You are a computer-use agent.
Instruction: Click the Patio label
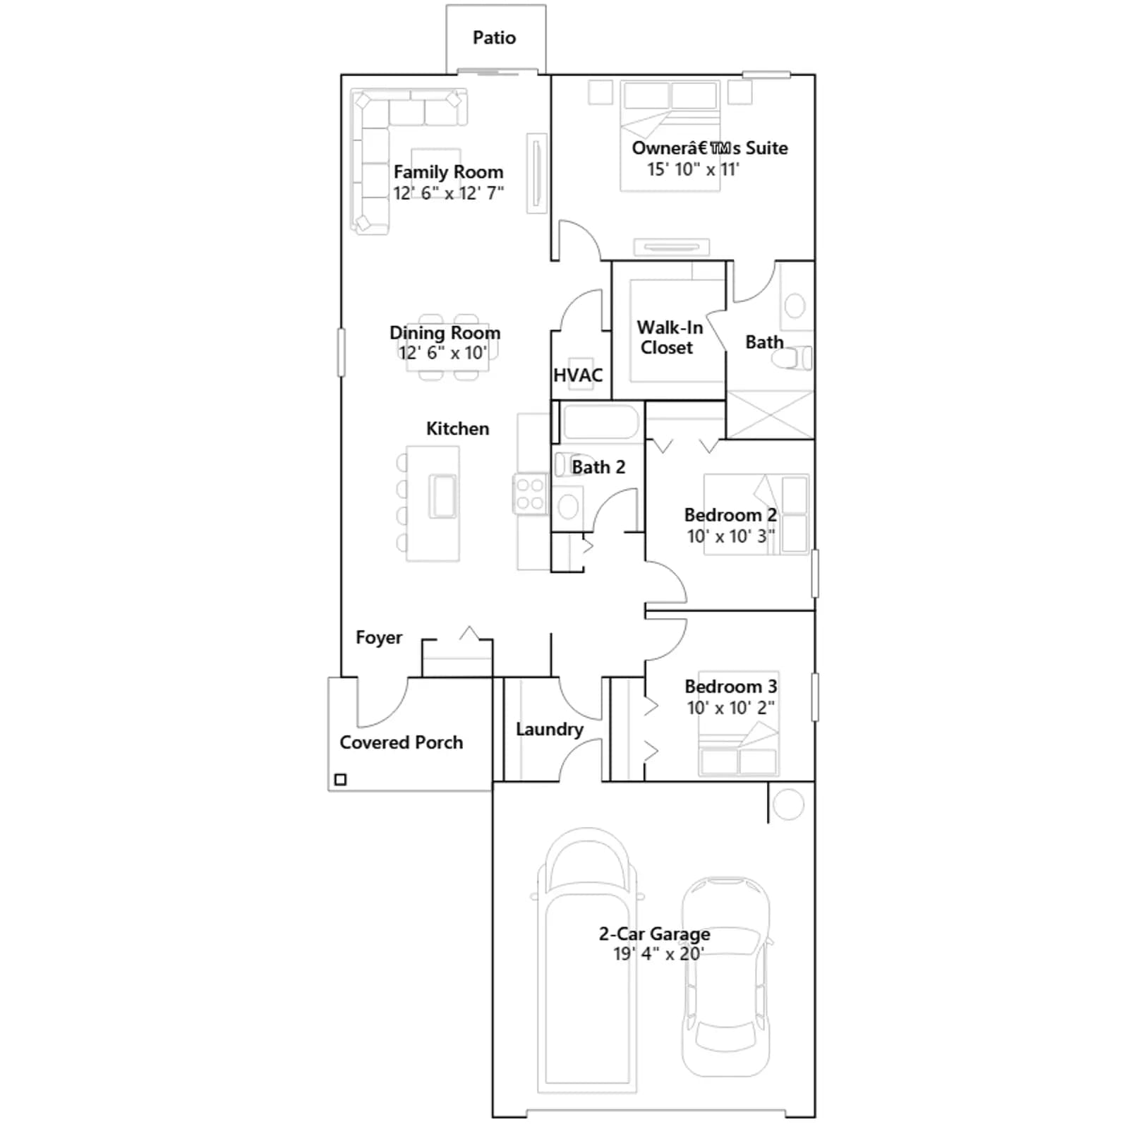494,37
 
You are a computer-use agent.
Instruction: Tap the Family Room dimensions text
448,193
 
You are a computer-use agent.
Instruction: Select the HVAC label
578,375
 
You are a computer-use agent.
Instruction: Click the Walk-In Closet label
669,337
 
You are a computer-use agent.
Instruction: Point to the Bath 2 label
598,467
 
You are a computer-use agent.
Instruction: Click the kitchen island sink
443,496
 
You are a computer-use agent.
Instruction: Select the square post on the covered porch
340,780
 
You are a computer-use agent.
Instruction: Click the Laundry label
549,730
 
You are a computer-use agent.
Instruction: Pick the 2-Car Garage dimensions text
658,954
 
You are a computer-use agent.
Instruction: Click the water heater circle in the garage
788,804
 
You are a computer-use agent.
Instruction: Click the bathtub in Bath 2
600,422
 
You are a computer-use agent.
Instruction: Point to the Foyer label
379,637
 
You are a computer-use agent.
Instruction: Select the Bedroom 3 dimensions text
731,708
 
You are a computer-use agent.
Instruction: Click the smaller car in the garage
725,977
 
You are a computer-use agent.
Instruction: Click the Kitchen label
457,428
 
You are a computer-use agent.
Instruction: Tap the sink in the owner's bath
795,306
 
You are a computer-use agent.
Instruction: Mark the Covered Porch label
401,742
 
